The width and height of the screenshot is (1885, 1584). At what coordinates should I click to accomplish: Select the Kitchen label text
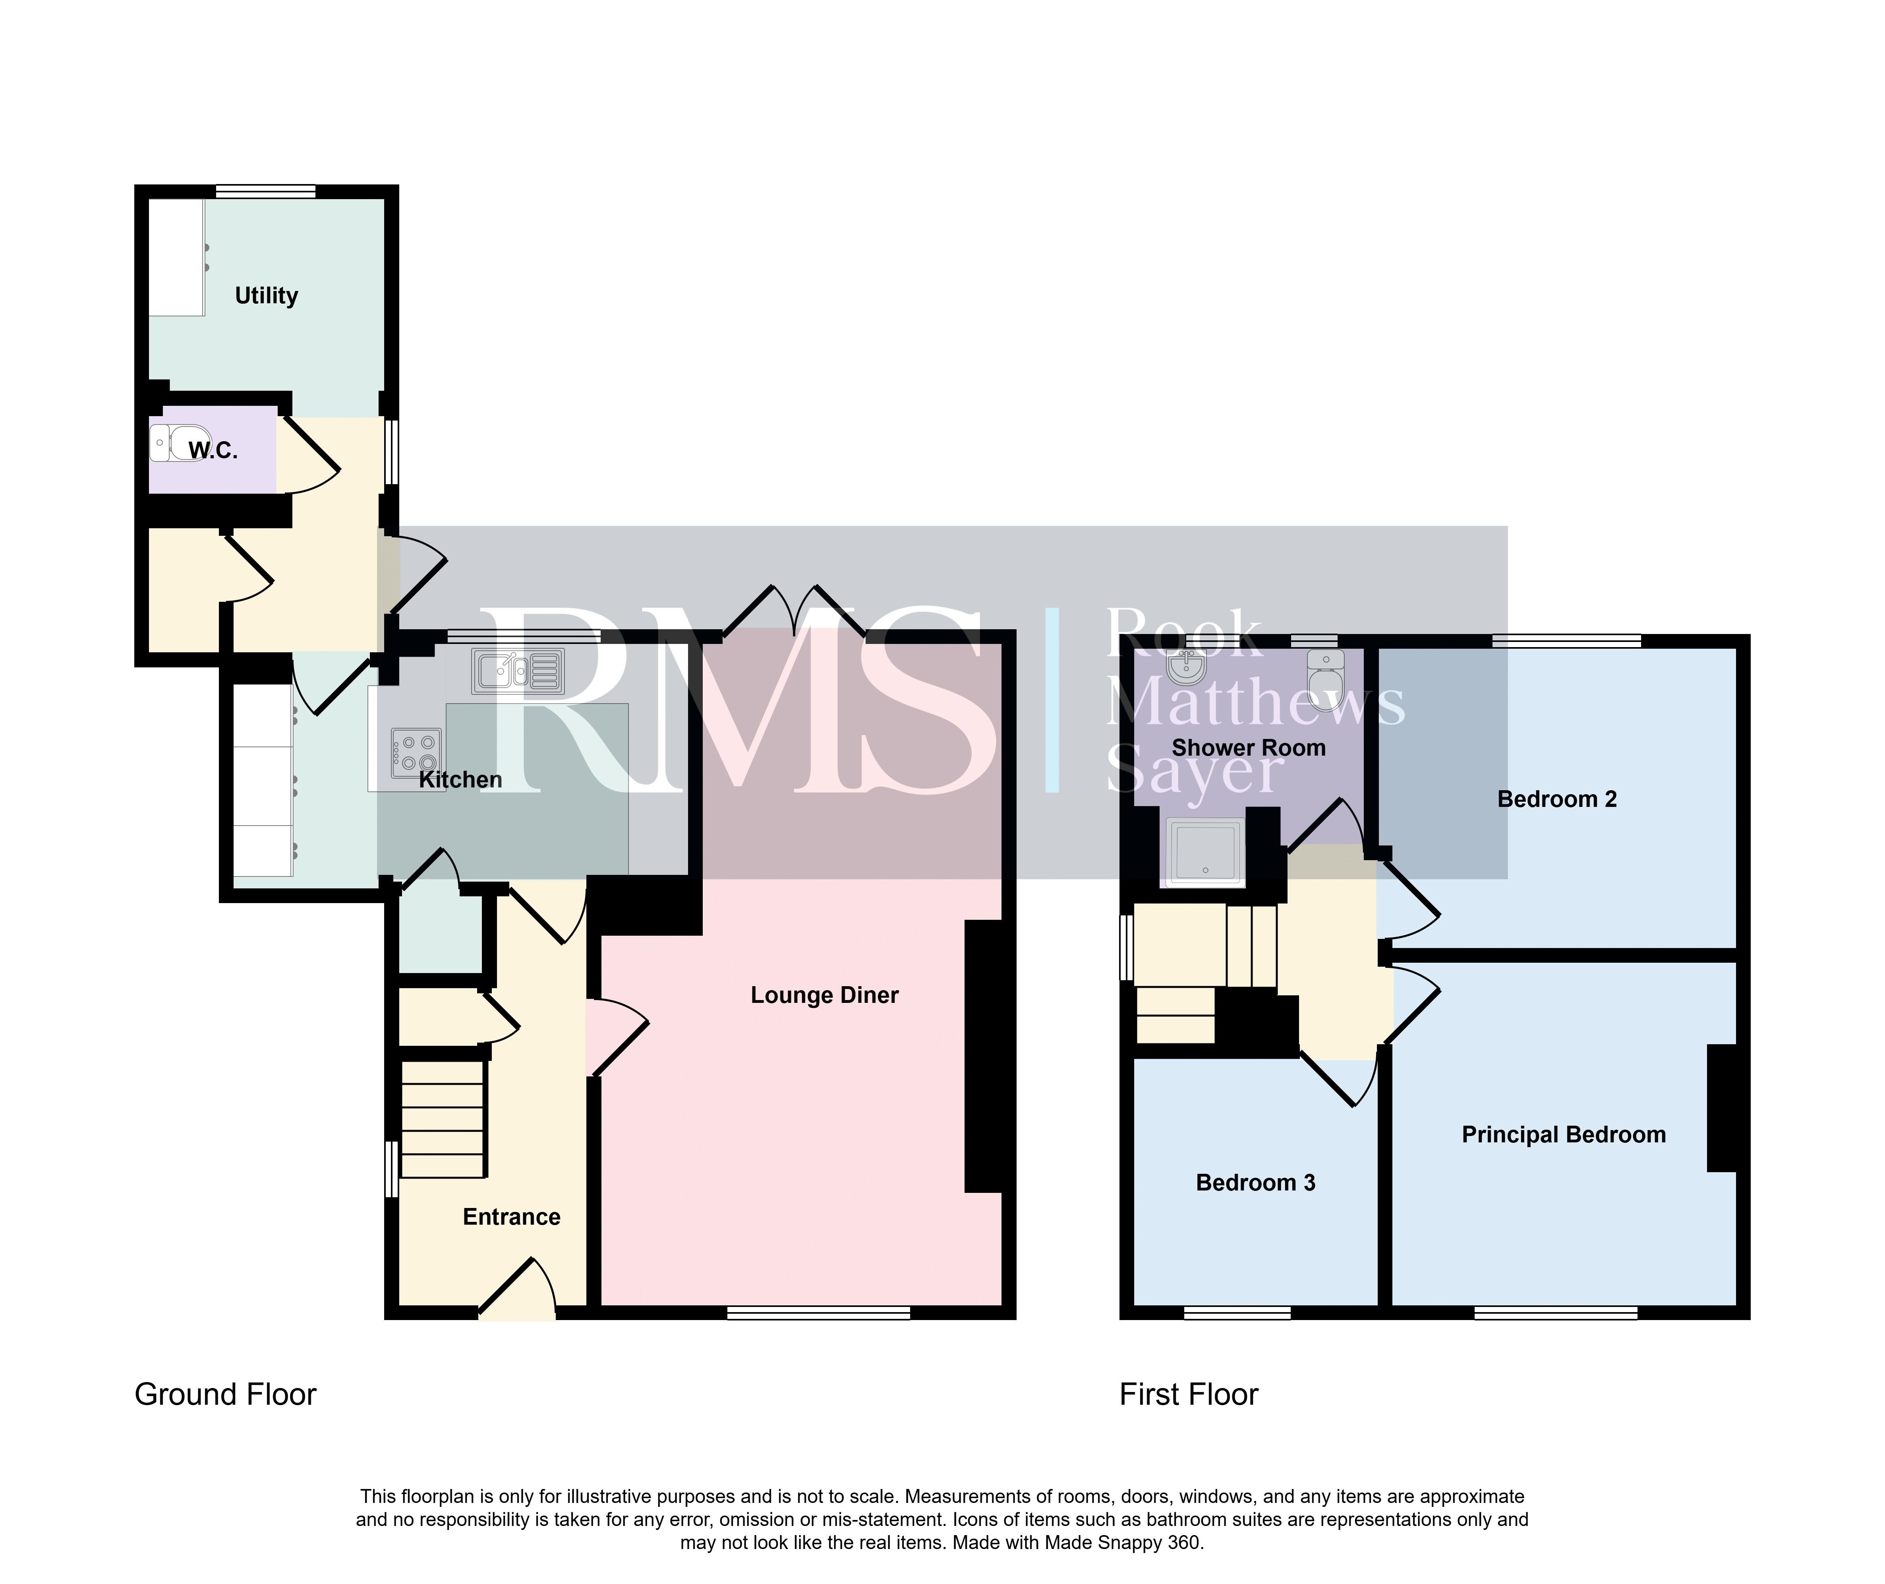pos(460,779)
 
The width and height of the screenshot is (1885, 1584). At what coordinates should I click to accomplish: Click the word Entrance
pos(512,1217)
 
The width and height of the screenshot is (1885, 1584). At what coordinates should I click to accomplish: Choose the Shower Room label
pos(1249,748)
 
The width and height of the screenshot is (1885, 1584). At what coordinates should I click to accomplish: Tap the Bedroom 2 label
pos(1557,799)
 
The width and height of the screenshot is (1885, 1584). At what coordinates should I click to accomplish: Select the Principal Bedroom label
pos(1564,1135)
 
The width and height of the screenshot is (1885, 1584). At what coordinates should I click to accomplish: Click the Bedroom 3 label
pos(1256,1183)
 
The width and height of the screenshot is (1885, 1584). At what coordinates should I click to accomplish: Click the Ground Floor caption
pos(225,1394)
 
